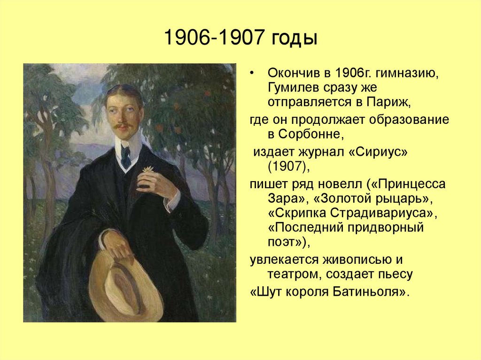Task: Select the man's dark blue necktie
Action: [126, 156]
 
